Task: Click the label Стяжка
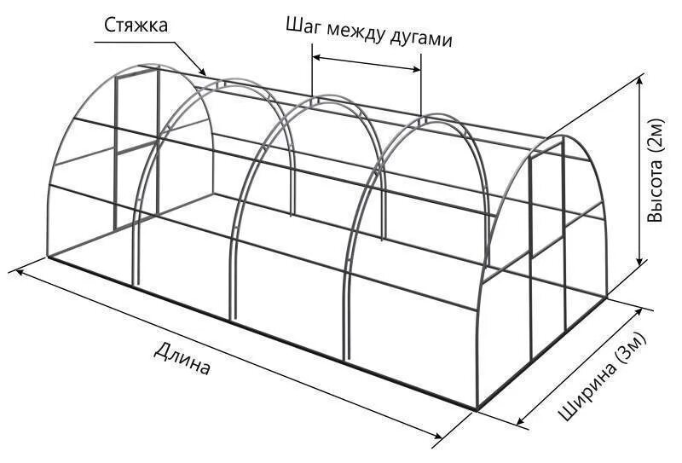pyautogui.click(x=137, y=25)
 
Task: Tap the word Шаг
pyautogui.click(x=303, y=26)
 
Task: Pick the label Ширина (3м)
pyautogui.click(x=604, y=376)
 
